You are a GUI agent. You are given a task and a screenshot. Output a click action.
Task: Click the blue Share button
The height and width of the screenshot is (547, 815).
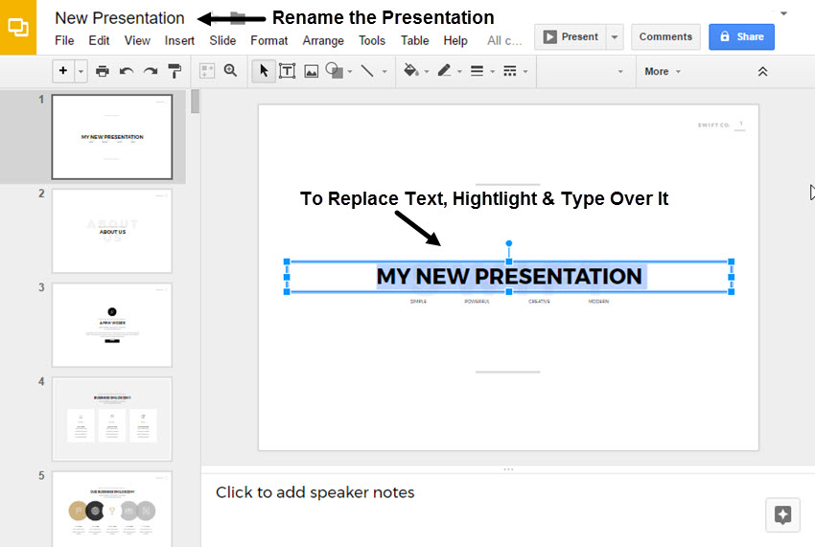point(741,37)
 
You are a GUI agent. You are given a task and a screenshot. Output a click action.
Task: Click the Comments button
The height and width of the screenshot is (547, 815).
point(665,37)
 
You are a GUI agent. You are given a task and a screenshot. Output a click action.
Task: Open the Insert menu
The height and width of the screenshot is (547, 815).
point(179,40)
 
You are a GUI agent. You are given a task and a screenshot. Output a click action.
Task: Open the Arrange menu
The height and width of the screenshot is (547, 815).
point(323,40)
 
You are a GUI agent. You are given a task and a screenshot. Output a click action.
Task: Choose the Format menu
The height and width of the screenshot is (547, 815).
point(269,40)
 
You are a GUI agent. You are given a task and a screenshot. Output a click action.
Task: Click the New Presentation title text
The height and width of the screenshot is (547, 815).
point(120,17)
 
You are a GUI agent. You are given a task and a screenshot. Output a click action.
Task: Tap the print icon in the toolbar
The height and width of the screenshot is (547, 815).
point(103,71)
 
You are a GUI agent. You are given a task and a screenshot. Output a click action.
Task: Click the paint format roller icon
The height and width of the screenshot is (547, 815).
point(175,71)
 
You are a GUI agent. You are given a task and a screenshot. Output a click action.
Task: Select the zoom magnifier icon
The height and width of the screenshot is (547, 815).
point(230,71)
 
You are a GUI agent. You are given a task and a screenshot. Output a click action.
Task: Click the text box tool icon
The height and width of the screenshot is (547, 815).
point(286,71)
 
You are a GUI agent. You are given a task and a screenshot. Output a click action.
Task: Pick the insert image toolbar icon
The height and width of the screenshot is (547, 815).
point(311,71)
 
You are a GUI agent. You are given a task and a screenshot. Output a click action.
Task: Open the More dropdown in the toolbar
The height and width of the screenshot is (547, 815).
point(662,71)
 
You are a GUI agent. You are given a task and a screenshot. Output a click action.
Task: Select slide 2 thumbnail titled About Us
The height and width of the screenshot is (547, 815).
point(112,231)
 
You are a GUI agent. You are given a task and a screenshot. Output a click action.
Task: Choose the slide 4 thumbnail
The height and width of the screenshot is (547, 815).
point(112,419)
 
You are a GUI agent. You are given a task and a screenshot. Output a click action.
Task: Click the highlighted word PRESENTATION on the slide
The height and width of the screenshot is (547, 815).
point(559,276)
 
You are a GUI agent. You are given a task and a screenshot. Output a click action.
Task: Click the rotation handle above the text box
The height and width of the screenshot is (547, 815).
point(509,243)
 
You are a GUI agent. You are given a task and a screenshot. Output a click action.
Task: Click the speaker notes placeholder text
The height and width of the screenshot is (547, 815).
point(315,492)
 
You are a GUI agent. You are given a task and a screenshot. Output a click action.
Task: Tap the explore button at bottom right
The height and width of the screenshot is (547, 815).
point(782,514)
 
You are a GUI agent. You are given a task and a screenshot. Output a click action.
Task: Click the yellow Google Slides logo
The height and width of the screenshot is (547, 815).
point(17,28)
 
